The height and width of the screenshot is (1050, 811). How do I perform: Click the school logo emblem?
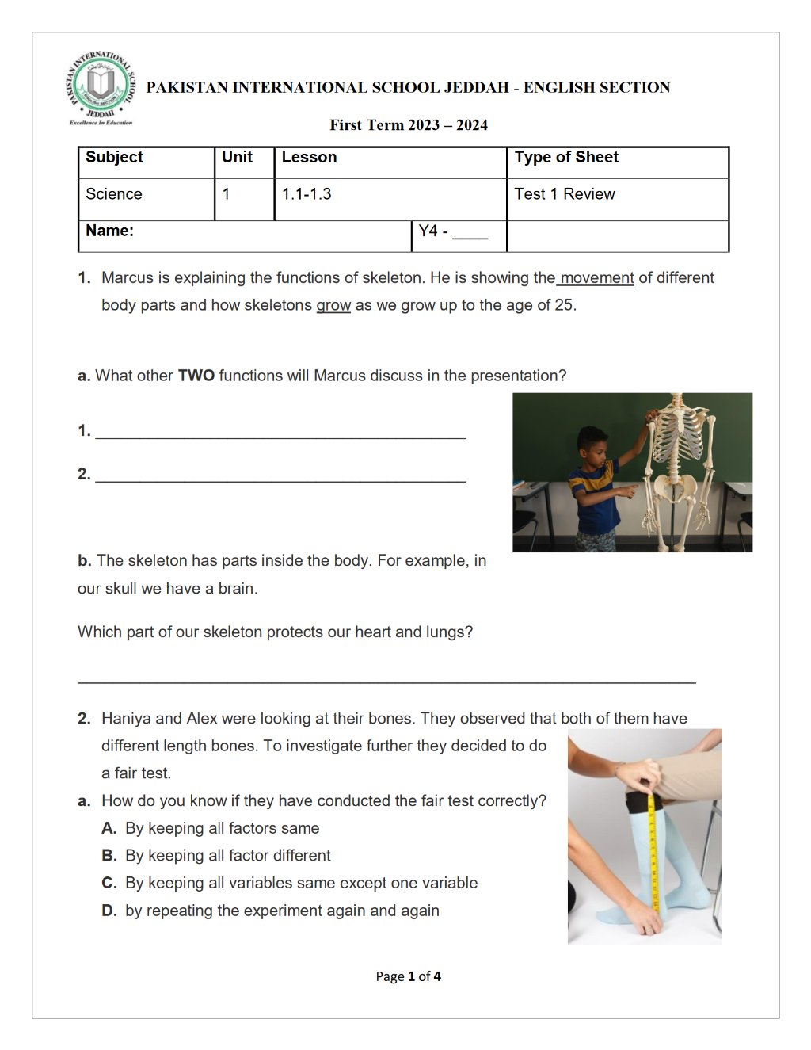pyautogui.click(x=100, y=88)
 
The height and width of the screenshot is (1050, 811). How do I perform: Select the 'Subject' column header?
pyautogui.click(x=114, y=157)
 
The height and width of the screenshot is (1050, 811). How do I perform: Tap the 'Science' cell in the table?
pyautogui.click(x=114, y=194)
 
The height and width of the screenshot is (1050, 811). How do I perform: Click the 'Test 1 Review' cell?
pyautogui.click(x=565, y=194)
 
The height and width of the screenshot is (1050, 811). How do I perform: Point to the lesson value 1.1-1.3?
pyautogui.click(x=307, y=194)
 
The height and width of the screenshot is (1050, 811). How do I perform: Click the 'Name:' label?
pyautogui.click(x=109, y=231)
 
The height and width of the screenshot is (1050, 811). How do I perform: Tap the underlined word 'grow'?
pyautogui.click(x=333, y=305)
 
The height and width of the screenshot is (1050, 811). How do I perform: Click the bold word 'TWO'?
pyautogui.click(x=196, y=376)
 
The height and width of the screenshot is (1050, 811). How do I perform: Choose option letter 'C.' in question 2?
pyautogui.click(x=109, y=883)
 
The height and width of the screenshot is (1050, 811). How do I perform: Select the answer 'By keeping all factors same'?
pyautogui.click(x=222, y=828)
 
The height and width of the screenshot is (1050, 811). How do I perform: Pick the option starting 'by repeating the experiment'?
pyautogui.click(x=283, y=911)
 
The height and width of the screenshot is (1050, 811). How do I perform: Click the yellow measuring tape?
pyautogui.click(x=653, y=853)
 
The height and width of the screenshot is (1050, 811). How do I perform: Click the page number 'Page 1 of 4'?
pyautogui.click(x=409, y=976)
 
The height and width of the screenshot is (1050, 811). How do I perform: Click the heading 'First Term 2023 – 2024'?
pyautogui.click(x=409, y=125)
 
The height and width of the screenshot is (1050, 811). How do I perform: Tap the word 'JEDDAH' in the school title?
pyautogui.click(x=477, y=87)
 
